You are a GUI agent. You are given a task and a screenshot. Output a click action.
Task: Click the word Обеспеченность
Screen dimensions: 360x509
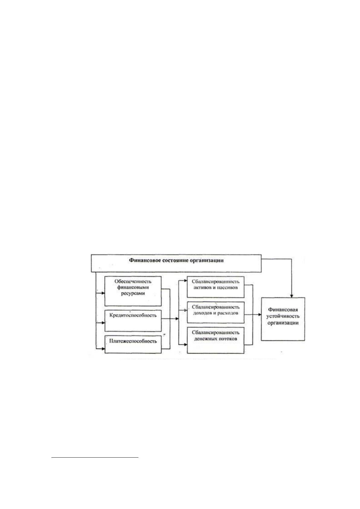[x=133, y=281]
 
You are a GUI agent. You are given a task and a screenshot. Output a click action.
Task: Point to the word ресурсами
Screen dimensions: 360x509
[x=133, y=293]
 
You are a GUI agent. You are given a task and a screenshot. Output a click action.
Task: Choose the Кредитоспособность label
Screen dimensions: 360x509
[x=133, y=315]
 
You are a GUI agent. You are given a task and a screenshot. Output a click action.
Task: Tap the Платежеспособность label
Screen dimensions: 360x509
[x=133, y=341]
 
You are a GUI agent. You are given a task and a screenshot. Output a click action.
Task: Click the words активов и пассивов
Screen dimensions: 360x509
[x=216, y=287]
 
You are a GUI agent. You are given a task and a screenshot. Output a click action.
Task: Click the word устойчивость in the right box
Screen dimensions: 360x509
[x=283, y=316]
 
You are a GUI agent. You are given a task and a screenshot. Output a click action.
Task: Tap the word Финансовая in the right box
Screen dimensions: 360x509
[x=283, y=310]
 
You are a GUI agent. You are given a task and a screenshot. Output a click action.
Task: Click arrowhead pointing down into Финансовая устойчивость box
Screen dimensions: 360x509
[x=292, y=296]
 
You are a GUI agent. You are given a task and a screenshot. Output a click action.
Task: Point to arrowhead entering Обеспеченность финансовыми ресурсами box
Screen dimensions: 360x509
[x=103, y=293]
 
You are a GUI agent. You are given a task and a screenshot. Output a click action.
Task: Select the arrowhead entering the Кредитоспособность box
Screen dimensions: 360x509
[x=103, y=323]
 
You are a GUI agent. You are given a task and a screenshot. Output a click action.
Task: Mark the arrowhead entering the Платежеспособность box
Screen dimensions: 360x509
[x=103, y=349]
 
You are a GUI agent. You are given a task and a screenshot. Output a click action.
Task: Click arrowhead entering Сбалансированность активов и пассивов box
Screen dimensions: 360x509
[x=186, y=281]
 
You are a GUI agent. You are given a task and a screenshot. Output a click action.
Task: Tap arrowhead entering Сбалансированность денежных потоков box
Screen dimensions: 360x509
[x=186, y=345]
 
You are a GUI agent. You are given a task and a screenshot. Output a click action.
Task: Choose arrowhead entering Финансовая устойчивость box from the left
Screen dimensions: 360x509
[x=260, y=314]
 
